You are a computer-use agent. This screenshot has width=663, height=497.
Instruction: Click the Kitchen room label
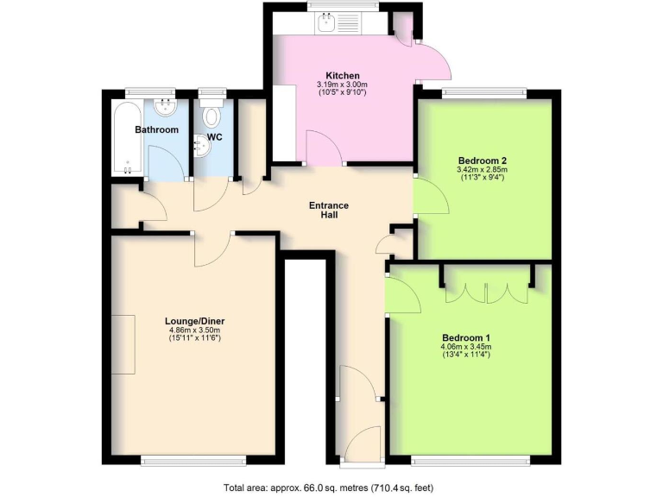click(x=342, y=75)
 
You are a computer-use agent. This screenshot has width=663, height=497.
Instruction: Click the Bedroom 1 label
click(x=466, y=337)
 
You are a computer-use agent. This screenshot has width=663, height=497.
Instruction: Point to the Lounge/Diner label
click(x=195, y=321)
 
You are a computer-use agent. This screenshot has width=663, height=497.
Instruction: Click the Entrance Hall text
click(x=330, y=211)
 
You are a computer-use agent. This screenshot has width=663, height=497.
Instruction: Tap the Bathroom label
click(x=157, y=130)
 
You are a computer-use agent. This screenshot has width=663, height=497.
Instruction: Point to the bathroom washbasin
click(x=166, y=107)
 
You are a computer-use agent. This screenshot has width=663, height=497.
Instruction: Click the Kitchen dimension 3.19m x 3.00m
click(x=342, y=85)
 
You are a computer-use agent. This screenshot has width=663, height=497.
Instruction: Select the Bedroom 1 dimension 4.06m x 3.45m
click(x=466, y=346)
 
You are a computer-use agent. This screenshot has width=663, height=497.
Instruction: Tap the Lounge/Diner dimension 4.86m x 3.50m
click(x=195, y=330)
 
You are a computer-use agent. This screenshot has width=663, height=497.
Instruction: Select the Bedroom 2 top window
click(x=483, y=91)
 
